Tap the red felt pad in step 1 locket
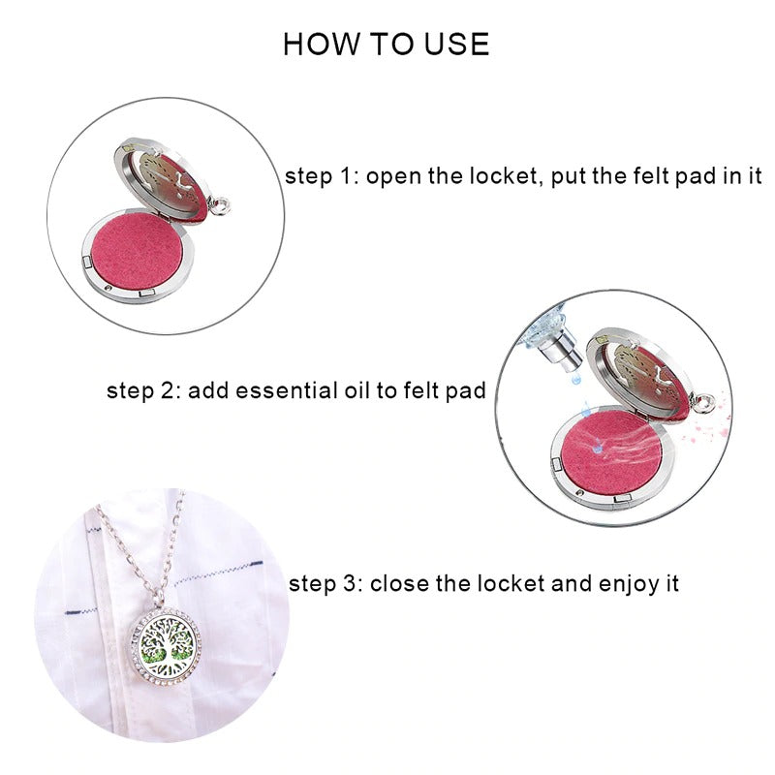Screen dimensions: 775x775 pos(137,253)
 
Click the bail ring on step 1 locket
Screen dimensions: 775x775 pos(220,206)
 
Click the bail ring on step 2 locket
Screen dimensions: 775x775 pos(704,402)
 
